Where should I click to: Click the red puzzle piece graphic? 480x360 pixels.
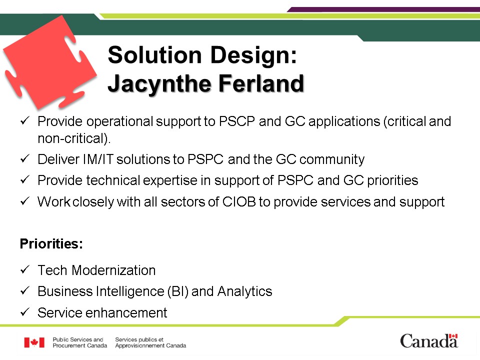[49, 63]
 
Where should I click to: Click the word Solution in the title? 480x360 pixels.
[154, 55]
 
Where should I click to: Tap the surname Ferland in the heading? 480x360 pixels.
[261, 83]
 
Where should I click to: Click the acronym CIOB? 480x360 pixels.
[239, 202]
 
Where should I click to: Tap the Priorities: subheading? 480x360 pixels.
[51, 244]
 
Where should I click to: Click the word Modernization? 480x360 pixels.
[113, 270]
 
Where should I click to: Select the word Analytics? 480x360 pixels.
[244, 291]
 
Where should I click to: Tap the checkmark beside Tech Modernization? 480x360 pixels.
[25, 269]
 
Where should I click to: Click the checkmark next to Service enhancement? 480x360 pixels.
[25, 312]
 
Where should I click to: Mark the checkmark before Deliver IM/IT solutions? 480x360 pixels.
[25, 158]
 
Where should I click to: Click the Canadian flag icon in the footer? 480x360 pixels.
[34, 342]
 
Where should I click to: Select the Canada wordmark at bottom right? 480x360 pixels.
[429, 341]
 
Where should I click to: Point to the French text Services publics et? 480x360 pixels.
[139, 339]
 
